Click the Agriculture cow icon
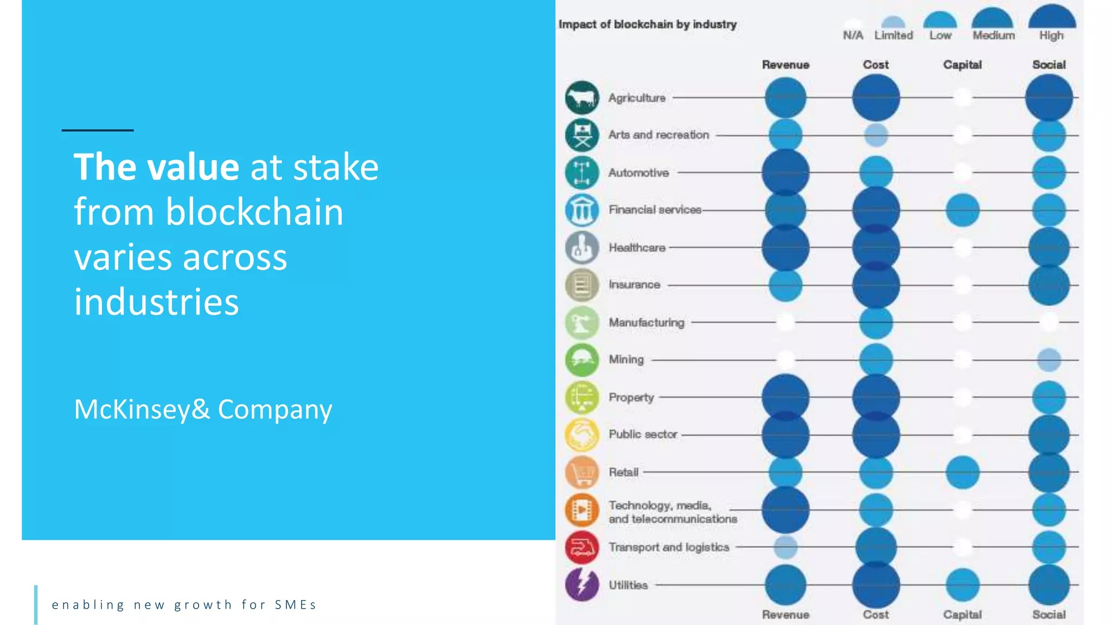[x=582, y=98]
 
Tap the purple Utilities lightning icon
[x=582, y=584]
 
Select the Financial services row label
[x=655, y=209]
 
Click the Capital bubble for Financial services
[x=962, y=210]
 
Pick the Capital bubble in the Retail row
[x=962, y=472]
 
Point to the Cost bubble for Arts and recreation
[x=876, y=135]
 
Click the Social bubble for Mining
[x=1049, y=360]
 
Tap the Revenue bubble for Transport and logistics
[x=786, y=547]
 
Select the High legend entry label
[x=1051, y=35]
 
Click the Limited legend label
[x=893, y=35]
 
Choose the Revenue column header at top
[x=786, y=65]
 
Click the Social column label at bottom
[x=1049, y=615]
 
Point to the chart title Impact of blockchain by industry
[x=648, y=24]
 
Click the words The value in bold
[x=156, y=167]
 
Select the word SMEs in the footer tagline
[x=296, y=605]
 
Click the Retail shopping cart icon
[x=582, y=472]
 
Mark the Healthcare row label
[x=637, y=247]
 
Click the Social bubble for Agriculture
[x=1049, y=98]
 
